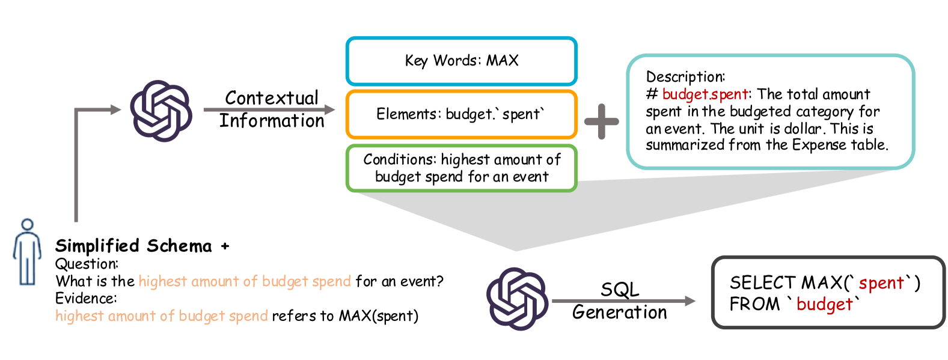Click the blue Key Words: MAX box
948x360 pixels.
coord(461,61)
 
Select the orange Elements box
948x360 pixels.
coord(461,114)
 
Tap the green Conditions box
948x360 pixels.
coord(461,168)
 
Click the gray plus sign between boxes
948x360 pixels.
coord(601,121)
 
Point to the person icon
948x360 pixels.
coord(27,252)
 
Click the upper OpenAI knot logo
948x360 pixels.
coord(161,111)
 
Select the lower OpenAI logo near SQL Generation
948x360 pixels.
coord(517,299)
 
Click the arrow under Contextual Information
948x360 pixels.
coord(269,109)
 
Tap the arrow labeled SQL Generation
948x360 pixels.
coord(623,301)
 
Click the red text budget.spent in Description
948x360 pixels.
coord(705,94)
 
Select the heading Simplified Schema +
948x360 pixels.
coord(142,246)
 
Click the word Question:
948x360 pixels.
coord(87,264)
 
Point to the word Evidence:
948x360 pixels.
coord(86,299)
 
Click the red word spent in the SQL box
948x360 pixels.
coord(881,283)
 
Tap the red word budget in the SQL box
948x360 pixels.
coord(824,305)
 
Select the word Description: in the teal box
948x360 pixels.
coord(685,77)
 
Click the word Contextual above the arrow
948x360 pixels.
coord(272,98)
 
